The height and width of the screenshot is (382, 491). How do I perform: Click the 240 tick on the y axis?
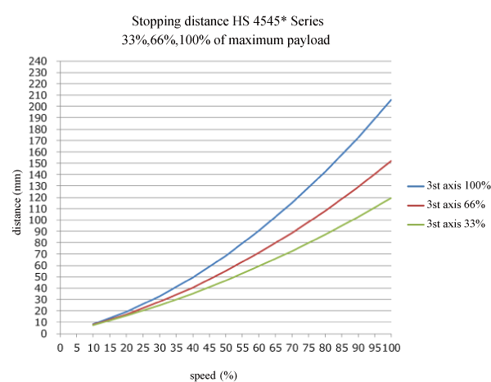point(38,61)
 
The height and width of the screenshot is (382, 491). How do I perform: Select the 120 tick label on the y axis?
point(38,198)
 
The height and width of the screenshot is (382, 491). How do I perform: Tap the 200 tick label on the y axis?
point(38,107)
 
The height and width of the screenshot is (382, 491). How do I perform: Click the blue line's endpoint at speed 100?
point(391,99)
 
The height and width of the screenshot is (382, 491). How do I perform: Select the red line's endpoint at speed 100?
point(391,161)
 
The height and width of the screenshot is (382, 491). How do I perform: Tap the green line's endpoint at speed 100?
point(391,198)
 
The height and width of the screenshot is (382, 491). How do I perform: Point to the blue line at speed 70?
point(292,202)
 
